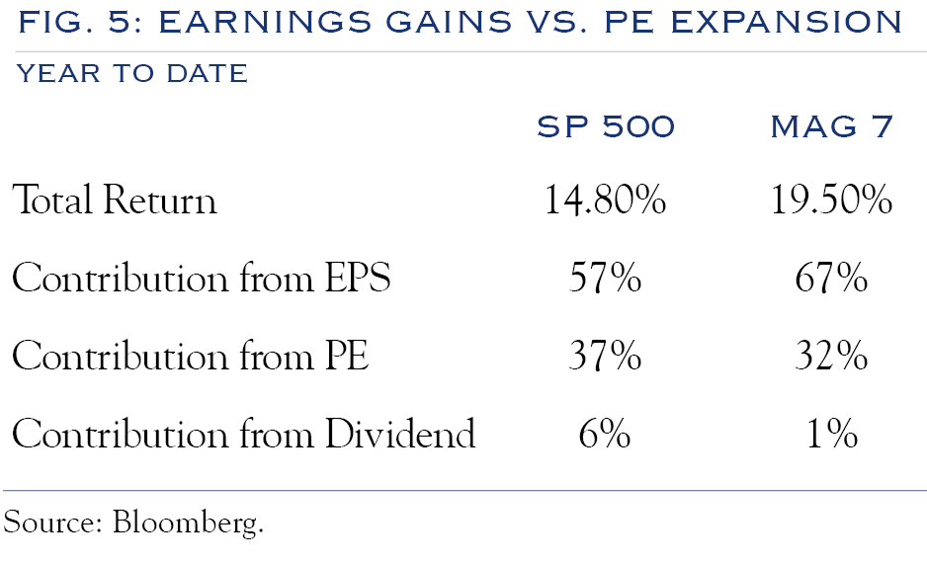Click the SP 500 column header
coord(605,127)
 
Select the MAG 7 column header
coord(830,127)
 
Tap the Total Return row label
coord(115,201)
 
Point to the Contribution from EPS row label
coord(202,280)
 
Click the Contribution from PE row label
coord(190,357)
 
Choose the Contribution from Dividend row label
coord(244,434)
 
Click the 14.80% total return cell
coord(605,201)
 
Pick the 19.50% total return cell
coord(831,201)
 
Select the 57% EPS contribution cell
coord(605,280)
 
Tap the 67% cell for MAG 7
coord(831,280)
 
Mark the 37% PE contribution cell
coord(605,357)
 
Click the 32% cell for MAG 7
coord(831,357)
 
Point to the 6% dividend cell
coord(605,434)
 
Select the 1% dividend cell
coord(831,434)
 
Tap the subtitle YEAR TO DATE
coord(131,73)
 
